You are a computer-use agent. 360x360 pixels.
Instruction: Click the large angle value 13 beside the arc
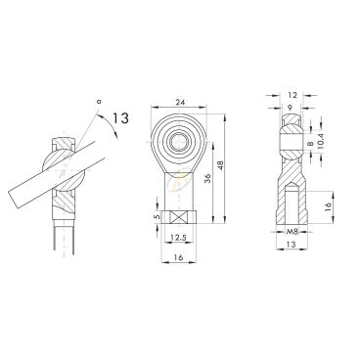pyautogui.click(x=120, y=118)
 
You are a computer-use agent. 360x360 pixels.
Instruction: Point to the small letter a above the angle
pyautogui.click(x=99, y=102)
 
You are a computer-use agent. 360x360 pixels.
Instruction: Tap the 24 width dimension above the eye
pyautogui.click(x=180, y=102)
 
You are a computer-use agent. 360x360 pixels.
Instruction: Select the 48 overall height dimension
pyautogui.click(x=222, y=165)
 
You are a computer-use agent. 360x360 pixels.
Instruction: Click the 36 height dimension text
pyautogui.click(x=208, y=178)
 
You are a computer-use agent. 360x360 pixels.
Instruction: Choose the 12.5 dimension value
pyautogui.click(x=178, y=238)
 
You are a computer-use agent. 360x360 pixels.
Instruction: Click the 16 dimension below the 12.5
pyautogui.click(x=178, y=257)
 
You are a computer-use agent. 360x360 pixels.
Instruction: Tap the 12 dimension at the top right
pyautogui.click(x=292, y=95)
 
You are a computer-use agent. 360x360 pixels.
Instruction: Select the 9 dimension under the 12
pyautogui.click(x=292, y=107)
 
